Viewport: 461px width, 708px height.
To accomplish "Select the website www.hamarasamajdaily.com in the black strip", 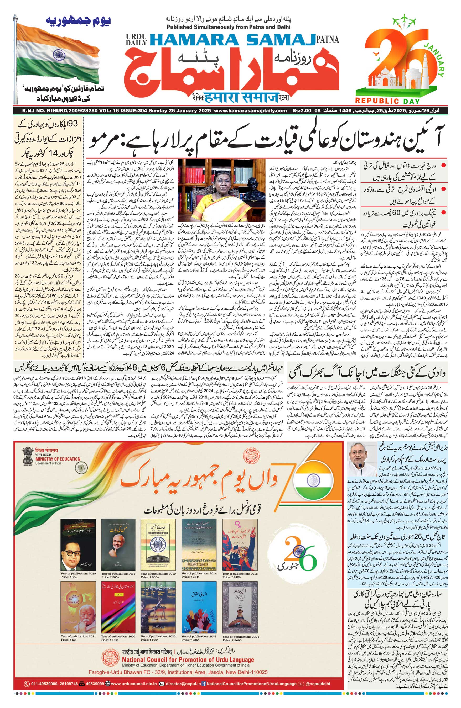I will tap(250, 111).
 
